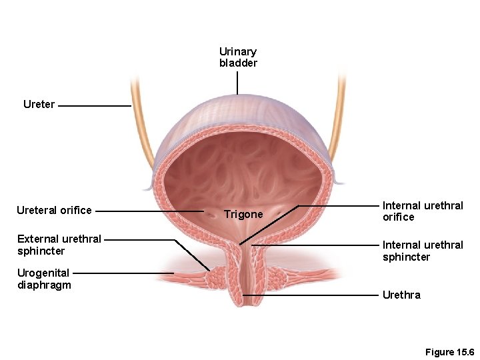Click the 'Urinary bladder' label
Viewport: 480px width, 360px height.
pos(238,57)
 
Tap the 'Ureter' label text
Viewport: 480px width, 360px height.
pos(39,105)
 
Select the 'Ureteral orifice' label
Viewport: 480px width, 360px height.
pos(54,211)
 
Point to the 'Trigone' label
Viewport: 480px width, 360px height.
pos(243,215)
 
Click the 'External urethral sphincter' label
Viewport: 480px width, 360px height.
pos(59,245)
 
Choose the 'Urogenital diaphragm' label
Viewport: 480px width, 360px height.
pos(44,279)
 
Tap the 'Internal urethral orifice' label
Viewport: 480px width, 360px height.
pos(422,211)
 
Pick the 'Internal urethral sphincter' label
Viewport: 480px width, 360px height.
pos(422,251)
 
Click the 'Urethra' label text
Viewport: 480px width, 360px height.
pos(401,295)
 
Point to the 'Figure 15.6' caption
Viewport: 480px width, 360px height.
pos(449,352)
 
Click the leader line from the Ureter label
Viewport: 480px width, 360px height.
pos(94,105)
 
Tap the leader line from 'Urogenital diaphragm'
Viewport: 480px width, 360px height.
pos(123,273)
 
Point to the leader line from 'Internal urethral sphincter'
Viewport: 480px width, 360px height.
pos(313,245)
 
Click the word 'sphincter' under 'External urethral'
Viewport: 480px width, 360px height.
pos(41,251)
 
